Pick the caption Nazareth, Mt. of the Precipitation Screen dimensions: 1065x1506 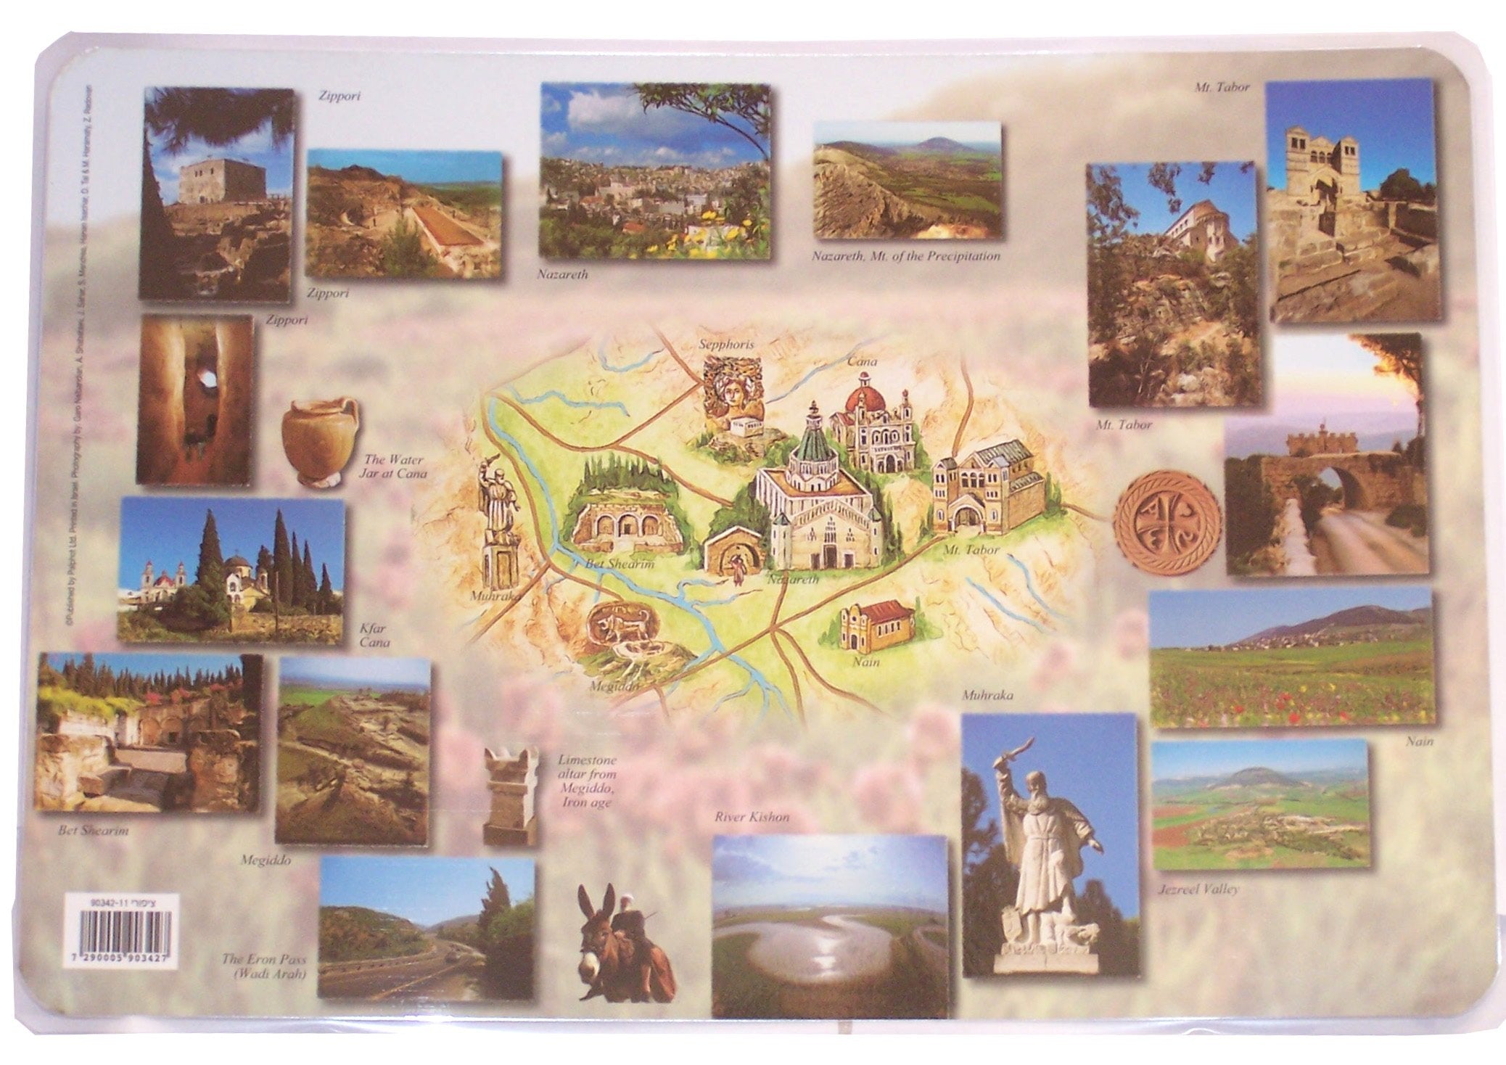click(906, 256)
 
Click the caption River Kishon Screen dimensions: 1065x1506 click(752, 817)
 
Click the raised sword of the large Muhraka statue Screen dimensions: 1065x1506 click(1011, 749)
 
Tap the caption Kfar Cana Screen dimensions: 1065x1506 click(374, 635)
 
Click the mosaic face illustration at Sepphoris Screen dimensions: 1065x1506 click(733, 395)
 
